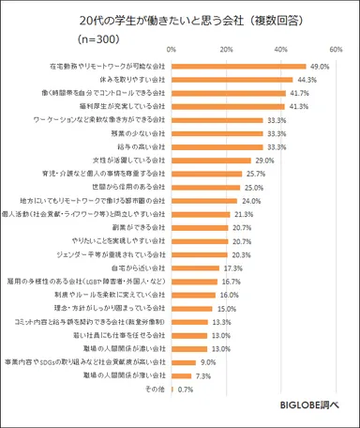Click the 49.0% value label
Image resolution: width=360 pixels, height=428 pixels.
[x=320, y=67]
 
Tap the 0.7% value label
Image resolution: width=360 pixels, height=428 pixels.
[x=184, y=388]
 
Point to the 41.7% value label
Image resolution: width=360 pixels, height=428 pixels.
[x=299, y=94]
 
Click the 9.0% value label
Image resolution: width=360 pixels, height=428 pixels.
[x=207, y=360]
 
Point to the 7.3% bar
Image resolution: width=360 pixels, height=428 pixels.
[x=188, y=374]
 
